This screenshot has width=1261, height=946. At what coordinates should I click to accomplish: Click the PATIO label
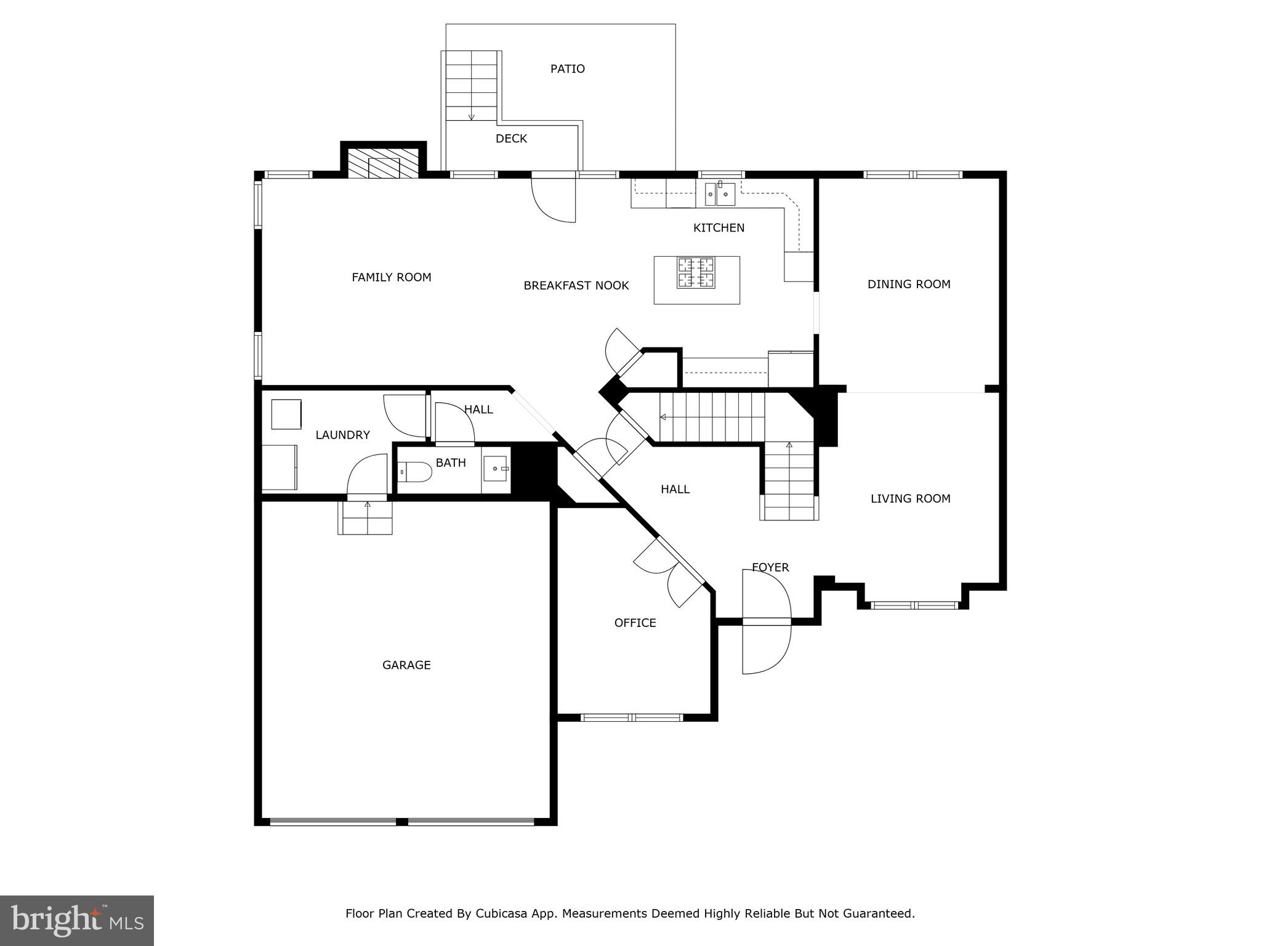tap(567, 69)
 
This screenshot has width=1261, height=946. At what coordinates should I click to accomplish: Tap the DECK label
tap(511, 139)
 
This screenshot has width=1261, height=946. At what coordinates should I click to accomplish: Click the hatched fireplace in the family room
tap(384, 163)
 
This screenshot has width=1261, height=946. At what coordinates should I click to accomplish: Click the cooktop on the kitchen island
tap(696, 273)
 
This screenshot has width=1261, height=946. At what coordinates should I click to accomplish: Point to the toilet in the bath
tap(414, 472)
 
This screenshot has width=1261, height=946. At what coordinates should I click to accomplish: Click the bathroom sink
tap(496, 469)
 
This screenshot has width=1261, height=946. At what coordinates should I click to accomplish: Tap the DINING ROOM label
tap(909, 284)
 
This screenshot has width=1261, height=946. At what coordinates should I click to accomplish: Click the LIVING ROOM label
tap(910, 499)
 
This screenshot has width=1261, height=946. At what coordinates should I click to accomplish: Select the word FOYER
tap(770, 567)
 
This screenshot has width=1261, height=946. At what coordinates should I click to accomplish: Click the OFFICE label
tap(635, 623)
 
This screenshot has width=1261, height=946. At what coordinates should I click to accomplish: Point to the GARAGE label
tap(406, 665)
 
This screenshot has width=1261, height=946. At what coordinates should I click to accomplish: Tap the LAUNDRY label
tap(342, 435)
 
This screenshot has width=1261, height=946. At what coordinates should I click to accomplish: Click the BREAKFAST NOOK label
tap(576, 286)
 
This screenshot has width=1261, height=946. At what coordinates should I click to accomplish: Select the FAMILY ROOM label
tap(391, 277)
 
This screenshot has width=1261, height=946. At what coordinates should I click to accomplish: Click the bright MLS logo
tap(76, 920)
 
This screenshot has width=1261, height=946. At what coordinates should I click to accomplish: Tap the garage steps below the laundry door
tap(365, 518)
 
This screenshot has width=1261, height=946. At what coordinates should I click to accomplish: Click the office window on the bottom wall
tap(632, 718)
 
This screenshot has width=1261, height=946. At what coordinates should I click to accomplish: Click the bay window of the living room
tap(915, 605)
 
